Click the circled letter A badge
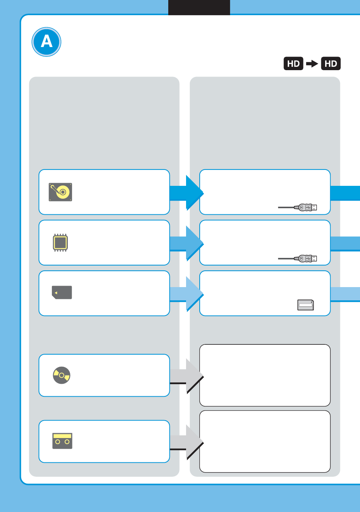coord(46,42)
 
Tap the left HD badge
coord(293,64)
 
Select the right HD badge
coord(331,64)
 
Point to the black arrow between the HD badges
coord(312,64)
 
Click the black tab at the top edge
coord(199,7)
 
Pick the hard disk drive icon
coord(60,192)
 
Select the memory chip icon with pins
coord(60,242)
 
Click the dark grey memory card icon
coord(62,292)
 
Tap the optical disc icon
coord(61,375)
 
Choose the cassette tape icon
coord(62,441)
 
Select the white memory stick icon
coord(306,305)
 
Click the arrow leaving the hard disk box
coord(186,193)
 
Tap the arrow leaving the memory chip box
coord(186,243)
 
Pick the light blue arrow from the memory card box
coord(186,294)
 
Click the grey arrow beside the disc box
coord(186,376)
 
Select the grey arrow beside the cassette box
coord(186,442)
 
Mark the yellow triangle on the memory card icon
coord(56,293)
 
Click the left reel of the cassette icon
coord(58,442)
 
